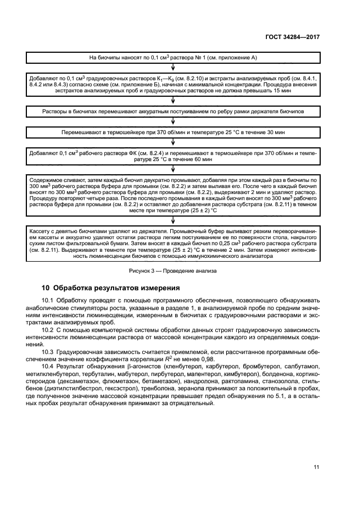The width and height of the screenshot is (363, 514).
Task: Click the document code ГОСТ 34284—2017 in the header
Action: pos(291,36)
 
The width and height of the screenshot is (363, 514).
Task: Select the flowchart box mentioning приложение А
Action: pos(173,57)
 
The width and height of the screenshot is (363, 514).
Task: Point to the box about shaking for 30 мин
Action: pos(173,132)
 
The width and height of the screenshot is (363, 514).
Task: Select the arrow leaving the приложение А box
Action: pos(173,68)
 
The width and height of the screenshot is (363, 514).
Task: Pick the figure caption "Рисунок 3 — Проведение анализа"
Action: pos(173,270)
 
